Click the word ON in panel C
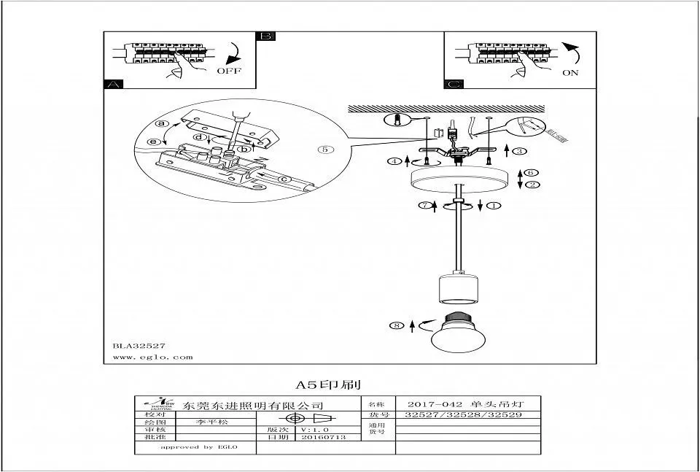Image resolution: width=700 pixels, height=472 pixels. [570, 73]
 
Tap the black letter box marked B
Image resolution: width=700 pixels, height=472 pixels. [266, 36]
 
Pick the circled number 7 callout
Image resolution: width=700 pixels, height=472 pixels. [423, 206]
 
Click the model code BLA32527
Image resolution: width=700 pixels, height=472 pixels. [139, 346]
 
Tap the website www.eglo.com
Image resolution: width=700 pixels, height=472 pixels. [153, 357]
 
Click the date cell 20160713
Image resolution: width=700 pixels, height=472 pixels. [323, 438]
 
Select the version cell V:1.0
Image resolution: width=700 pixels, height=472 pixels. [314, 430]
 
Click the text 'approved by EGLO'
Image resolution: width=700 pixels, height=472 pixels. [198, 446]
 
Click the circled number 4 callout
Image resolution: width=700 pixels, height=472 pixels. [394, 160]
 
